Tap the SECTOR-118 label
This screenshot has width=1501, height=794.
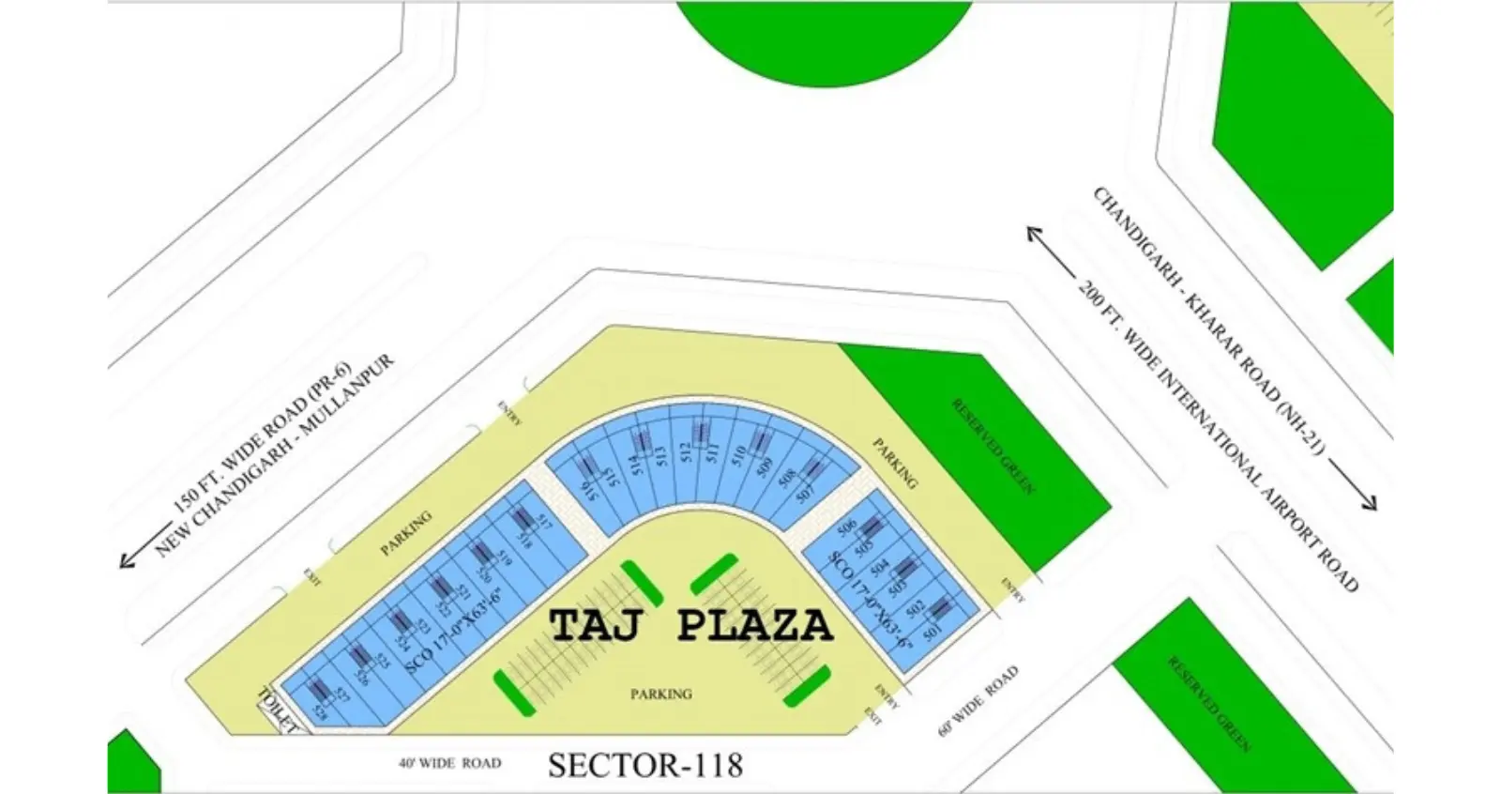[645, 765]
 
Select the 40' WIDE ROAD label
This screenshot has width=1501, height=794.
[449, 764]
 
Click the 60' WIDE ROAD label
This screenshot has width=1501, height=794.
[978, 701]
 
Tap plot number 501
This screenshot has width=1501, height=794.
[932, 634]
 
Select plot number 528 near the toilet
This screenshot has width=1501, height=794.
[321, 713]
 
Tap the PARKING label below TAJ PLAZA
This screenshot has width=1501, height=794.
[661, 695]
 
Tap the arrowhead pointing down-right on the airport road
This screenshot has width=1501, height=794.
[1370, 503]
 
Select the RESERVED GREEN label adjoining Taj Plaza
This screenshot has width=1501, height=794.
[993, 446]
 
